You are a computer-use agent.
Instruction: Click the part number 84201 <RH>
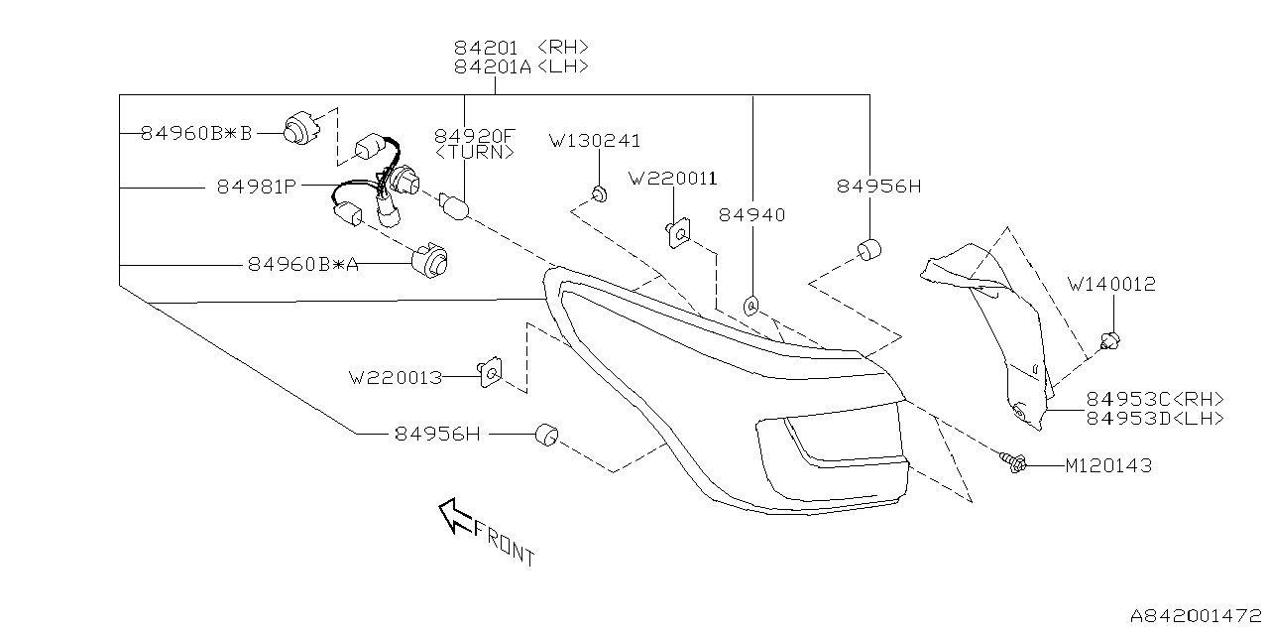521,47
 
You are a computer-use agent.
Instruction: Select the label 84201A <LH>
521,66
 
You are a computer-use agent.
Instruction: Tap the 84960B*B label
196,132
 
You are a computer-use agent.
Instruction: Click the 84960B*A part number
303,265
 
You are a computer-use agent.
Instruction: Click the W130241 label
595,141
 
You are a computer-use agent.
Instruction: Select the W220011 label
672,178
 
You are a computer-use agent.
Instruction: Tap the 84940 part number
751,214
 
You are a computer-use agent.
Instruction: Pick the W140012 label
1111,284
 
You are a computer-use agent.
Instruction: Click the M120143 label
1108,464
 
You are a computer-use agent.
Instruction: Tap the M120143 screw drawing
1012,461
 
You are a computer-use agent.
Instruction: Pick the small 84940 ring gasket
750,306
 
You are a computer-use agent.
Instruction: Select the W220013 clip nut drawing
488,373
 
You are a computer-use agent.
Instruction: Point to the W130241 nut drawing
598,192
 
